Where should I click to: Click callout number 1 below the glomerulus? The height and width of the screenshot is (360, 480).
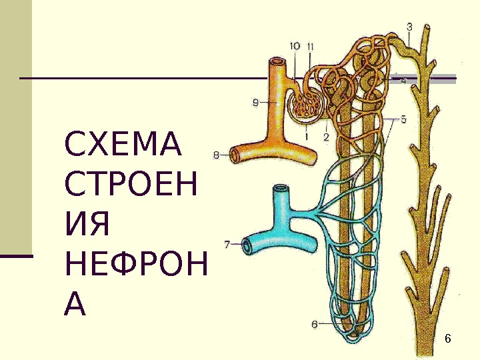306,135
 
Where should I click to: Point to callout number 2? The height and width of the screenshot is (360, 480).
326,137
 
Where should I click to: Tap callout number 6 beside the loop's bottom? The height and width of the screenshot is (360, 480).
314,325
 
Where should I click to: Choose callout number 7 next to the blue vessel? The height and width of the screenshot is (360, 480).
227,245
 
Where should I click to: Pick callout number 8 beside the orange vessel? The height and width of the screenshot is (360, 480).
216,155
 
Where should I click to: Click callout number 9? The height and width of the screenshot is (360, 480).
256,102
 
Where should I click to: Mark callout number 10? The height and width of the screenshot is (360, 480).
295,45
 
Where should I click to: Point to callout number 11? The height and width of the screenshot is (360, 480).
311,46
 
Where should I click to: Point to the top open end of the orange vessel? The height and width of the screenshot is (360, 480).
277,62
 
